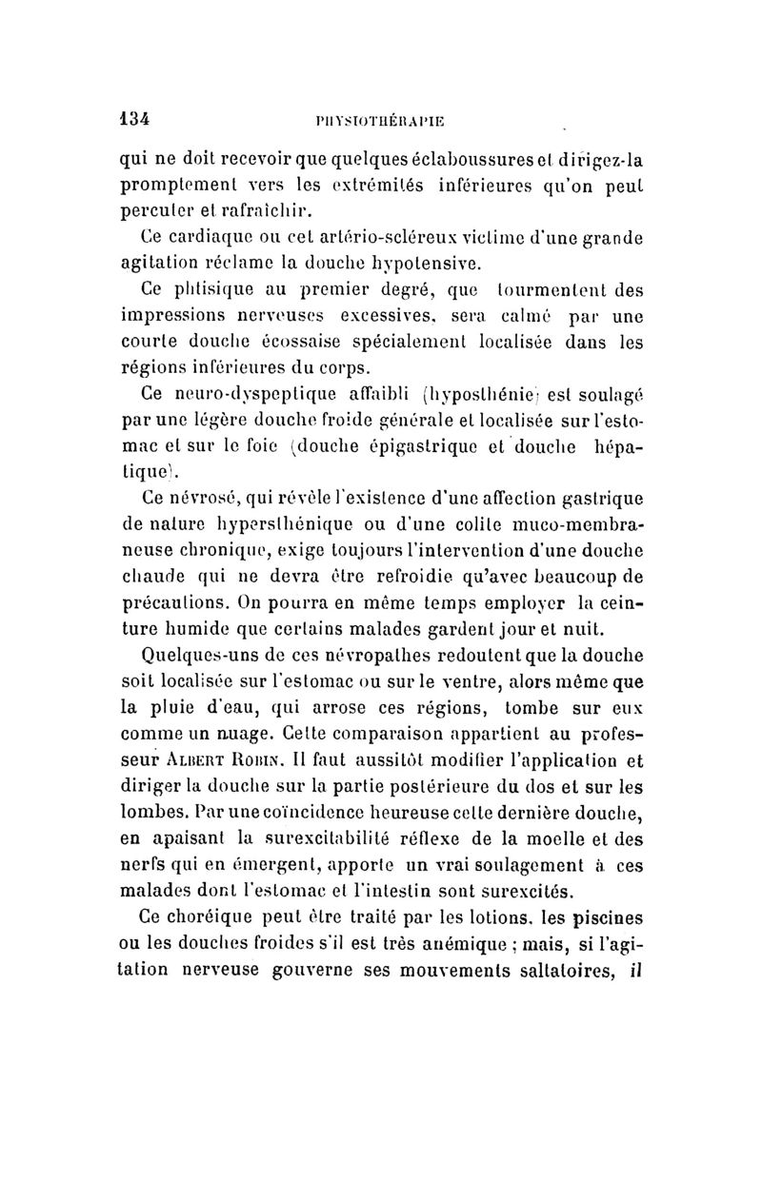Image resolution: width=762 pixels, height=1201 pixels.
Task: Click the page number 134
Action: (134, 120)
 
